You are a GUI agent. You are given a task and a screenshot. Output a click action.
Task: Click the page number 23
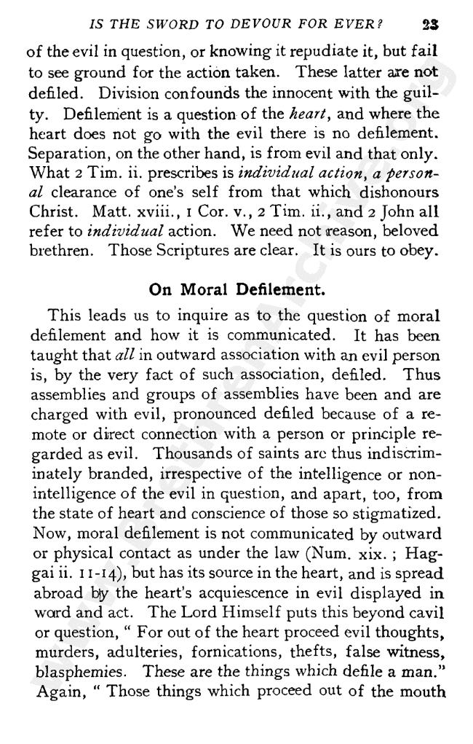(x=434, y=24)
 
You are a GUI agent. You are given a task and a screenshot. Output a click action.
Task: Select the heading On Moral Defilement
(x=235, y=288)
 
